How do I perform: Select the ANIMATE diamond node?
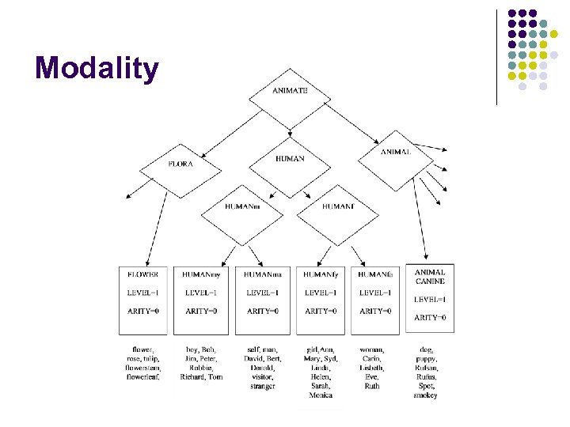click(290, 91)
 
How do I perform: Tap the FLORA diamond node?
click(180, 164)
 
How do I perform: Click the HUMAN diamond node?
click(290, 159)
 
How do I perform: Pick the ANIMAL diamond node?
click(395, 152)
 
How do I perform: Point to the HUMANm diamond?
click(241, 207)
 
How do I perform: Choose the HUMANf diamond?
click(338, 207)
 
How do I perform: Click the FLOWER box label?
click(143, 274)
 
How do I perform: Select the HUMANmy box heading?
click(200, 274)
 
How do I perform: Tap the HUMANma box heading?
click(262, 274)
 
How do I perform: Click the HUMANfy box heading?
click(321, 274)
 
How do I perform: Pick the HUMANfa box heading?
click(375, 274)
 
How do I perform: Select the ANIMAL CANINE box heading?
click(430, 277)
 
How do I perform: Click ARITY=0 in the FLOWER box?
click(143, 312)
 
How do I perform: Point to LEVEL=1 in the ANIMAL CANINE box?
click(430, 300)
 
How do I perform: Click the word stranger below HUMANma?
click(262, 387)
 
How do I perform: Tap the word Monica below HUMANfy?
click(321, 395)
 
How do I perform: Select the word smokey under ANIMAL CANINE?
click(425, 395)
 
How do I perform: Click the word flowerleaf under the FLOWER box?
click(143, 377)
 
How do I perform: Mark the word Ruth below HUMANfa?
click(372, 387)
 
